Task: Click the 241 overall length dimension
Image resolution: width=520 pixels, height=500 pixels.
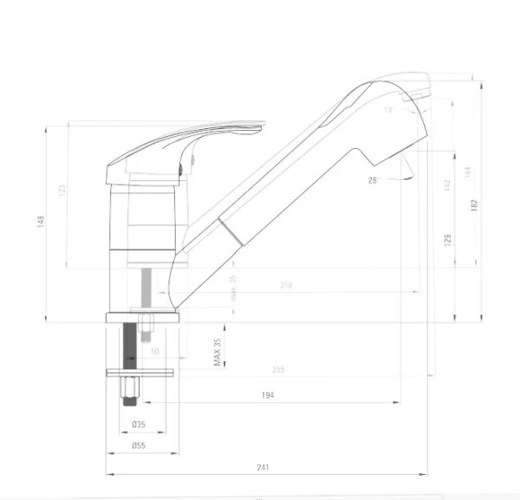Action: click(263, 467)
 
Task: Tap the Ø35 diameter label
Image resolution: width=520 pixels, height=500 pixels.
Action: click(138, 425)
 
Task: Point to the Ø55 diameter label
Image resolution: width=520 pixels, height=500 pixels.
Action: click(138, 445)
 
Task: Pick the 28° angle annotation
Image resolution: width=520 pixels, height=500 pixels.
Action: click(374, 180)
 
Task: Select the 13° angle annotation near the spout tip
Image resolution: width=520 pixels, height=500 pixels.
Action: click(387, 110)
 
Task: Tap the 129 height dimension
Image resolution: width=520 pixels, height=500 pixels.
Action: click(448, 239)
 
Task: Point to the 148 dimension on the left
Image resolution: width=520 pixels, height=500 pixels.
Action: click(40, 222)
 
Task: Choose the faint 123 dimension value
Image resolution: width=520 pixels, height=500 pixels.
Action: click(62, 190)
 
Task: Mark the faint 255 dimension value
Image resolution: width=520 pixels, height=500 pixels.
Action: click(278, 370)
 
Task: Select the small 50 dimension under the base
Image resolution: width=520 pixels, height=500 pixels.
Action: click(155, 351)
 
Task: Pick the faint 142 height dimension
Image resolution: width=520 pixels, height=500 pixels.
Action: click(448, 185)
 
